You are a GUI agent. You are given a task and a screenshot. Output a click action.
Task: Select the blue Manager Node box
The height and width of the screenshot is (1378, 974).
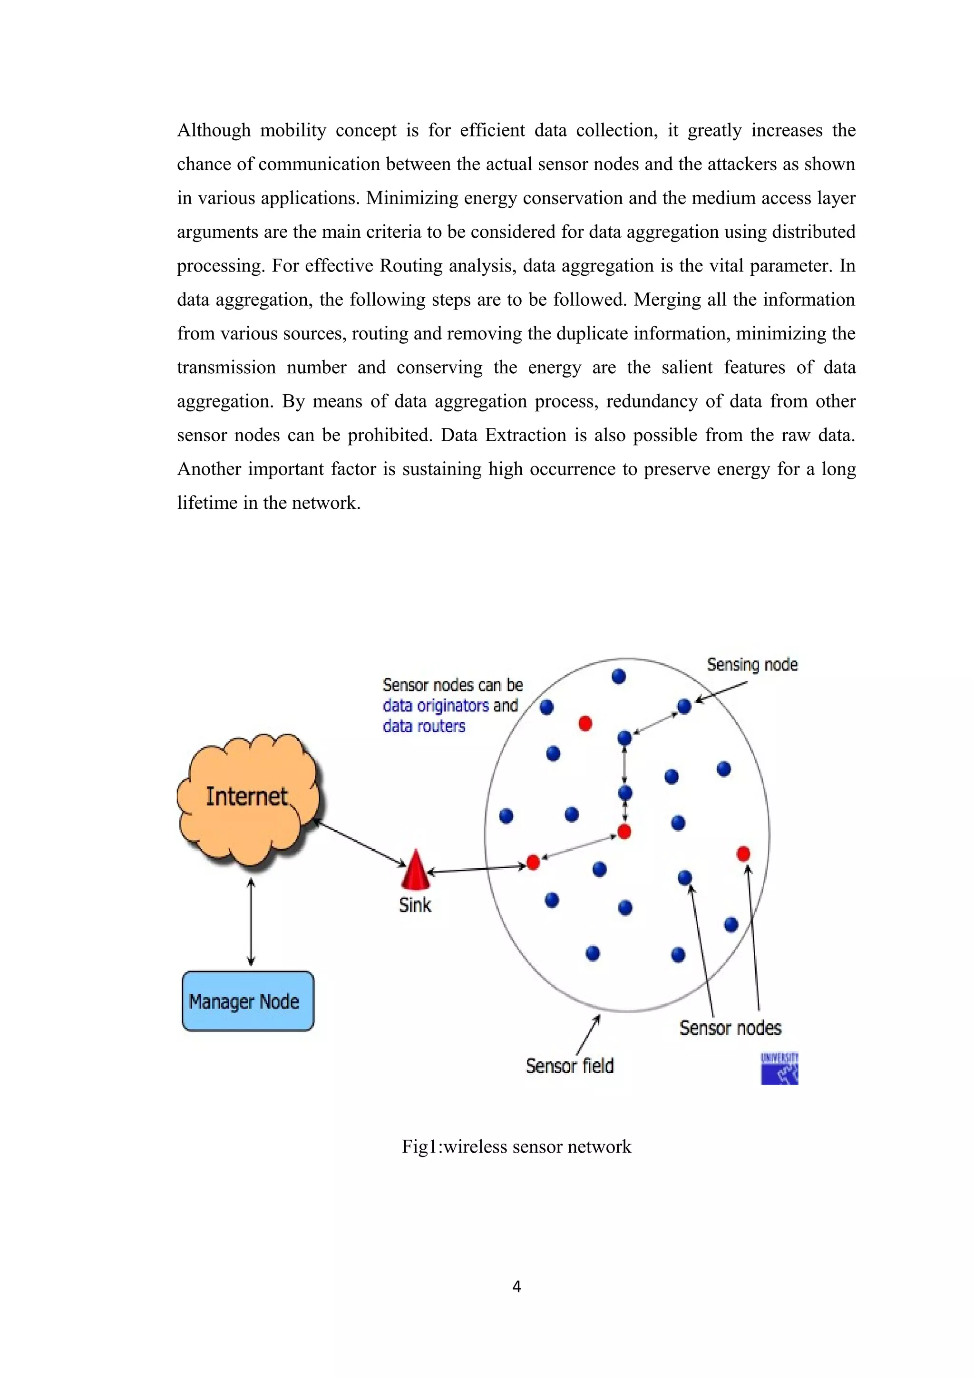click(247, 1001)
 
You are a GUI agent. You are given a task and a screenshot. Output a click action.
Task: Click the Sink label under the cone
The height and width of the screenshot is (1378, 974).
click(415, 905)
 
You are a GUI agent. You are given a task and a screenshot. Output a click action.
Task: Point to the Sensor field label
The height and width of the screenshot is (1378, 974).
click(570, 1066)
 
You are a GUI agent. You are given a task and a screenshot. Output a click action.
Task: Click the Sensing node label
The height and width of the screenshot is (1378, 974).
click(752, 664)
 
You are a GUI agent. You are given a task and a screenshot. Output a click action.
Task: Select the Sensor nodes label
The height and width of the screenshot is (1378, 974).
click(730, 1028)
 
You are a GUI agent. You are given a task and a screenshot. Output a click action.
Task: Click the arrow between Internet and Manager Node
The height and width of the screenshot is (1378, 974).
click(251, 922)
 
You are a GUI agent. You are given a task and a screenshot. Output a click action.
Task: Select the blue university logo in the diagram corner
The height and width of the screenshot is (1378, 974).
click(779, 1068)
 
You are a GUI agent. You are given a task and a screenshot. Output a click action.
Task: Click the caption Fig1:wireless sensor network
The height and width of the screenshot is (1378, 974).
click(516, 1147)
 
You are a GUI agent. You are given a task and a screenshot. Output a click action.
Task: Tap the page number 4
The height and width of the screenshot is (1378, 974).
click(516, 1286)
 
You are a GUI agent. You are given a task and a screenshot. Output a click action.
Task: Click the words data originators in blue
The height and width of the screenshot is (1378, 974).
click(436, 706)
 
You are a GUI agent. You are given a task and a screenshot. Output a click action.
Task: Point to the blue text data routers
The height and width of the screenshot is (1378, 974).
click(424, 726)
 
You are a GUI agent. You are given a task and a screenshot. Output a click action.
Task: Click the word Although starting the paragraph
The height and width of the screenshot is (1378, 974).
click(214, 130)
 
